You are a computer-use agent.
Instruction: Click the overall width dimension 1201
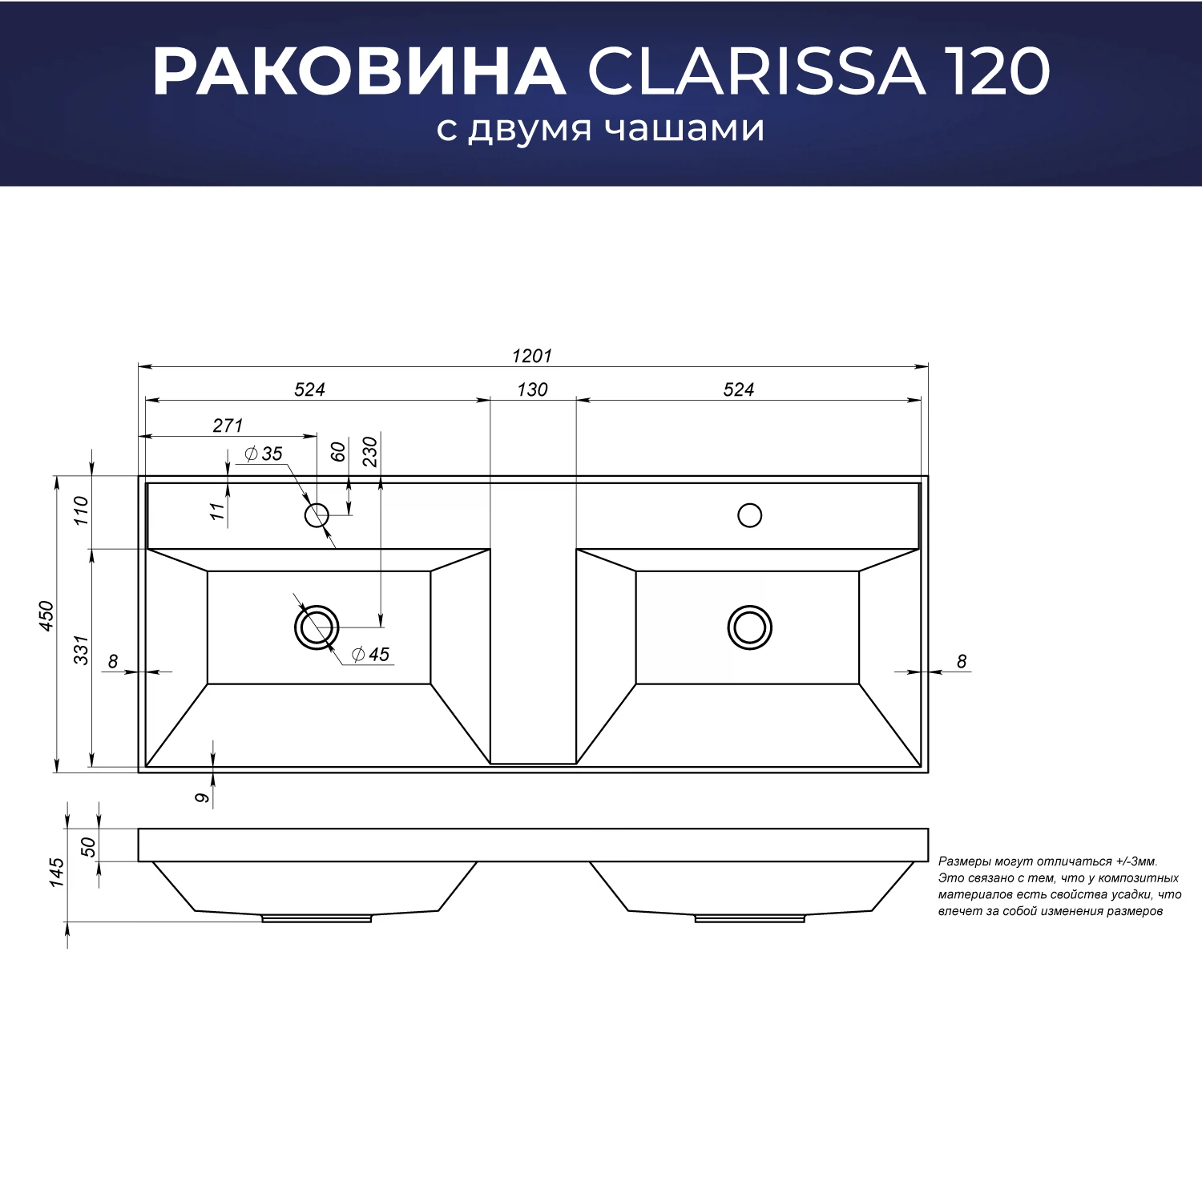[x=532, y=356]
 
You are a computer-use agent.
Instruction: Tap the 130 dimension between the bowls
[x=532, y=390]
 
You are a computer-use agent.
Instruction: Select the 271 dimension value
[x=228, y=426]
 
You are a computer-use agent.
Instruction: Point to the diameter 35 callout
[x=264, y=454]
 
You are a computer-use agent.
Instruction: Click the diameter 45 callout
[x=371, y=655]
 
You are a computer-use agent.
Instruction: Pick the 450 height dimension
[x=46, y=615]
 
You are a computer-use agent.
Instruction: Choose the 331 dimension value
[x=81, y=649]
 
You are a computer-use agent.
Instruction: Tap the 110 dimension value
[x=81, y=511]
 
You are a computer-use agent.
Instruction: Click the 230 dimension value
[x=369, y=452]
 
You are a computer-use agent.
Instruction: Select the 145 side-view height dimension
[x=56, y=873]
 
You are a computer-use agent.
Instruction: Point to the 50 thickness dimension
[x=88, y=847]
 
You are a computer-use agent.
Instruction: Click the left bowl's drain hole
[x=317, y=627]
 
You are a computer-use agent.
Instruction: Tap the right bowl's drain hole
[x=749, y=627]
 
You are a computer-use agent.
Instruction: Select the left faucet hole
[x=317, y=514]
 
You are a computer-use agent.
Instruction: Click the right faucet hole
[x=749, y=515]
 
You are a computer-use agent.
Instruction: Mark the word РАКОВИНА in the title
[x=358, y=72]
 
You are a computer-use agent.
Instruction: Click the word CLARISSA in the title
[x=756, y=72]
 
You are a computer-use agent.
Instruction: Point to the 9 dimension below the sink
[x=203, y=797]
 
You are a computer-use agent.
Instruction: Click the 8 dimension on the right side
[x=962, y=662]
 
